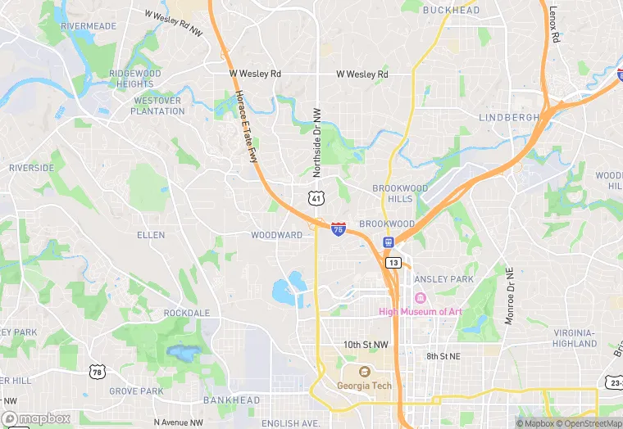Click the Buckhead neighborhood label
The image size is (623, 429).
click(451, 10)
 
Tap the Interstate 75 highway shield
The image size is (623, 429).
click(339, 229)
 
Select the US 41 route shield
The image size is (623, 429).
click(316, 198)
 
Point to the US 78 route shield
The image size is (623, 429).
click(97, 373)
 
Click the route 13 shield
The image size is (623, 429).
click(394, 263)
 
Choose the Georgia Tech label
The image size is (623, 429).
click(364, 386)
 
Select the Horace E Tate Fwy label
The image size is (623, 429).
click(247, 126)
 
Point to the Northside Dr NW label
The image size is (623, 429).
click(316, 142)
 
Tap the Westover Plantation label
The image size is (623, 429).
click(158, 106)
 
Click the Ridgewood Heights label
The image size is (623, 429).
click(135, 79)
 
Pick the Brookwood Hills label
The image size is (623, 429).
click(400, 193)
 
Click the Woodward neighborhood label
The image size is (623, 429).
click(276, 235)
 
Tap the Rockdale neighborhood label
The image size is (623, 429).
click(187, 313)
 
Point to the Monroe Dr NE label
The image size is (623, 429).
click(509, 295)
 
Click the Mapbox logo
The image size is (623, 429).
click(35, 418)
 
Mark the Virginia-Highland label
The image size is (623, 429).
click(575, 338)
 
